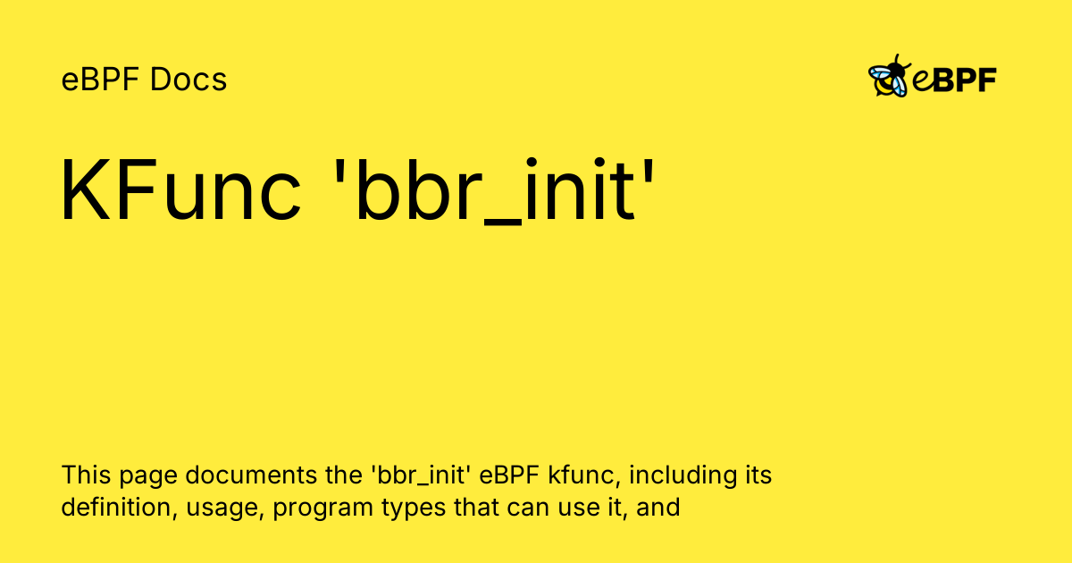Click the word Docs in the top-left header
click(x=188, y=80)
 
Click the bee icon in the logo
click(x=889, y=77)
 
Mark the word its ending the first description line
click(x=758, y=475)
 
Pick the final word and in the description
click(x=659, y=508)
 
